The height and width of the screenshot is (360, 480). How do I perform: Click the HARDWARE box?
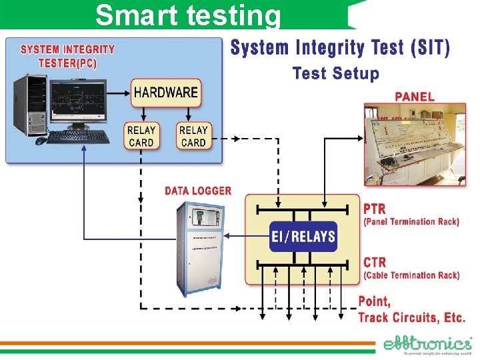coord(166,93)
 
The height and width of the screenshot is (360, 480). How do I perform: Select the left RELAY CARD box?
coord(141,137)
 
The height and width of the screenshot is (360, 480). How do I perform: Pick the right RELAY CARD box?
coord(193,137)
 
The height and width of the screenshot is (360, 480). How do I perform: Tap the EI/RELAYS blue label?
coord(303,236)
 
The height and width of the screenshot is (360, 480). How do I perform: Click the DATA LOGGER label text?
coord(198,191)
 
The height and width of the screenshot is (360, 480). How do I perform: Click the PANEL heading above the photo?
coord(415,96)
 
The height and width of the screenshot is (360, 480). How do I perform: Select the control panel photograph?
coord(415,143)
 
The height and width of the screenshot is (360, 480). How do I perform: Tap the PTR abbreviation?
coord(375,209)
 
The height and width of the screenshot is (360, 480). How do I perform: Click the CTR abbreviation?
coord(375,262)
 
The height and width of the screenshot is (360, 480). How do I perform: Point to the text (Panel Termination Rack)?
coord(411,221)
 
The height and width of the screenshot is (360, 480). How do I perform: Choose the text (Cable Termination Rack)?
coord(411,275)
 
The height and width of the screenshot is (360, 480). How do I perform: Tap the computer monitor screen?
coord(78,99)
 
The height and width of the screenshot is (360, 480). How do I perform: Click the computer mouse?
coord(40,141)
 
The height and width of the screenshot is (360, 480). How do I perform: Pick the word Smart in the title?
coord(133,15)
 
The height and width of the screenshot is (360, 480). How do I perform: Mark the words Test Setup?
coord(335,73)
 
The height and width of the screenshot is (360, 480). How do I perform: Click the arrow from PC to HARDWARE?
coord(118,93)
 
